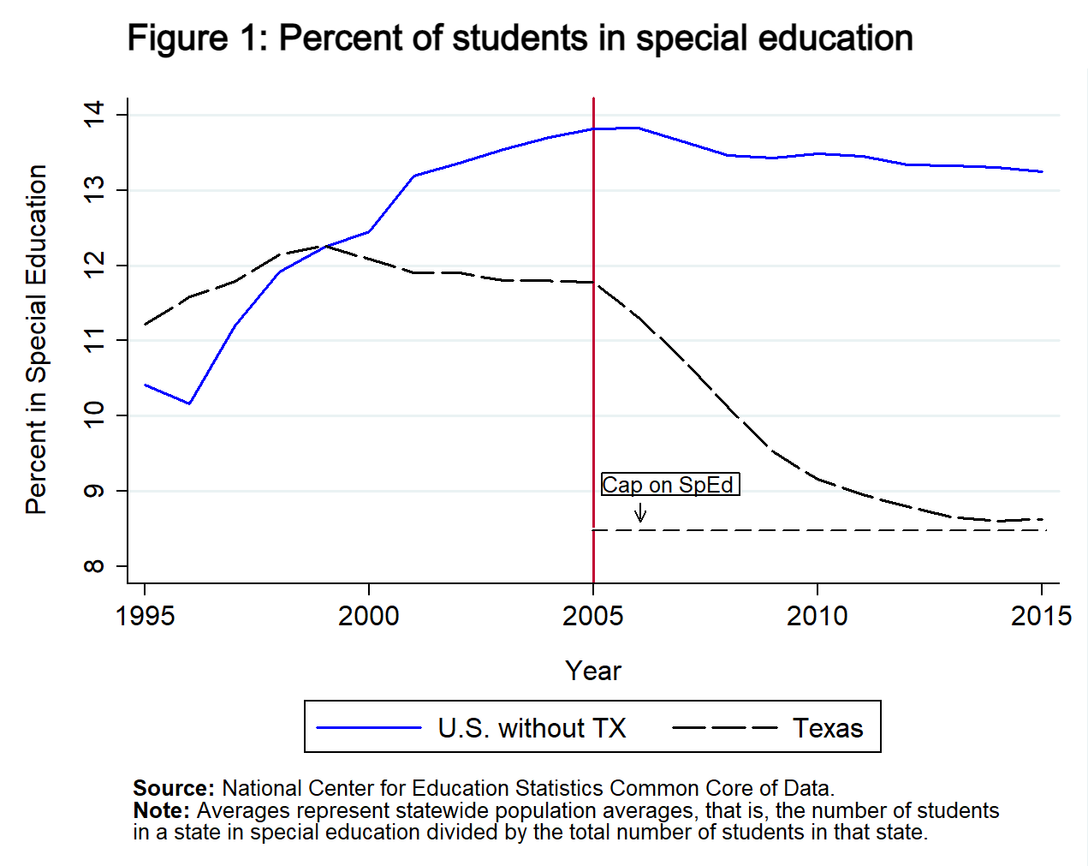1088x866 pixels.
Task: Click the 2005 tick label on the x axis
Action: (x=592, y=616)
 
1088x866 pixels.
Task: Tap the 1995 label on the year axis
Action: (x=145, y=616)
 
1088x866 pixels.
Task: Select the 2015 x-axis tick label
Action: (x=1041, y=616)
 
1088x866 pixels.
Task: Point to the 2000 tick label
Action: (x=368, y=616)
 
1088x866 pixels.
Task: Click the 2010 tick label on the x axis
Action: (x=817, y=616)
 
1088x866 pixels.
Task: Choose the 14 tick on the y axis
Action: (x=93, y=114)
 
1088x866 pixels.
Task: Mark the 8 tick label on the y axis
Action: (x=93, y=566)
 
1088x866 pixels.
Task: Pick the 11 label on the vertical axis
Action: (x=93, y=340)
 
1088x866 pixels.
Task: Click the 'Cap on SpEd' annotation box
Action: (x=669, y=485)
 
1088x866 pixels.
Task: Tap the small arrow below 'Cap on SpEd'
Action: (x=640, y=512)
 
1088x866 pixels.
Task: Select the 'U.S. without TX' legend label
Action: (x=532, y=728)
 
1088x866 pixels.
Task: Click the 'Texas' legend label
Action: (x=828, y=728)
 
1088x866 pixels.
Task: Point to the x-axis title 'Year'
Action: (x=592, y=671)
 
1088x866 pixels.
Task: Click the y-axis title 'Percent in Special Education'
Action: (x=36, y=339)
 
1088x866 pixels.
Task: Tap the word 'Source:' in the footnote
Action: (x=174, y=788)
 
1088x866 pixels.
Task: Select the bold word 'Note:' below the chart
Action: (x=162, y=810)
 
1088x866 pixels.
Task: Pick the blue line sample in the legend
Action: (x=369, y=728)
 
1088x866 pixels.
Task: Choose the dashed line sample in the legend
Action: (x=724, y=728)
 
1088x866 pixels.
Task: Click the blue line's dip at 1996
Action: (x=189, y=403)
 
